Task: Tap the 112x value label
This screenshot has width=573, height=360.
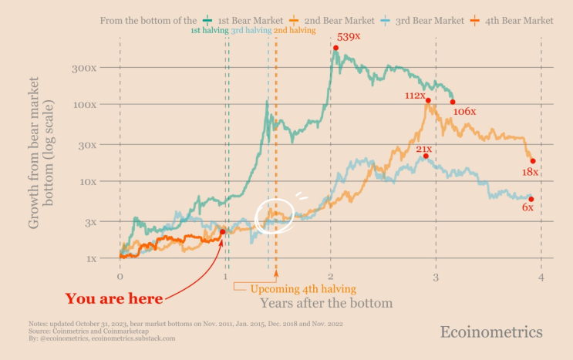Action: coord(416,96)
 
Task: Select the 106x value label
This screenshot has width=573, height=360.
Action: coord(464,112)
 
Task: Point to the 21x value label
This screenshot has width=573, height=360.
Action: coord(424,149)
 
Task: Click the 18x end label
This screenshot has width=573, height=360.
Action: coord(530,172)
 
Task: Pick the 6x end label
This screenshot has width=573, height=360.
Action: coord(527,208)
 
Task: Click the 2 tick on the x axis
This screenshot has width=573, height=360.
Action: coord(331,276)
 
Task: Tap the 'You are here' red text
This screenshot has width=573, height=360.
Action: coord(113,299)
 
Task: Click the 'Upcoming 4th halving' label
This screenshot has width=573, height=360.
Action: coord(303,289)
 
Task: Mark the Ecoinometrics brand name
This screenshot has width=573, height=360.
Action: coord(491,331)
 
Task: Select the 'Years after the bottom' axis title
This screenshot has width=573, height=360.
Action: coord(326,304)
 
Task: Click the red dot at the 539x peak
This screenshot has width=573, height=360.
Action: coord(335,48)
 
